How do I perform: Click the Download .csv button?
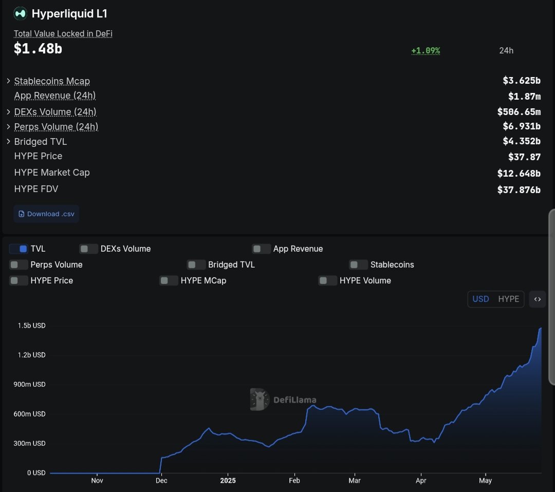(46, 214)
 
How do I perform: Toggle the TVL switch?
(18, 249)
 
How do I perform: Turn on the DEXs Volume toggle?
(88, 249)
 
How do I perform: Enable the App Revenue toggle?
(261, 249)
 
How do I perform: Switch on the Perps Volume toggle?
(18, 265)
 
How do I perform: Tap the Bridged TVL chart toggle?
(196, 265)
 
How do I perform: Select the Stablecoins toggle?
(358, 265)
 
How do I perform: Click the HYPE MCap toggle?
(169, 280)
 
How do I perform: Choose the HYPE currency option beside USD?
(508, 299)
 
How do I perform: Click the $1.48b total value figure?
(38, 49)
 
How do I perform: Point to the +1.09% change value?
(425, 51)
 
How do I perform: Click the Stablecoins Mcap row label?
(52, 81)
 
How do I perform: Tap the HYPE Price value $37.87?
(524, 157)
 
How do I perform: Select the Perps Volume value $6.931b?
(521, 126)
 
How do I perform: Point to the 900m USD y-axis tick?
(32, 384)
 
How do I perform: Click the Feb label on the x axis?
(294, 481)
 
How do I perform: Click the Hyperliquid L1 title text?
(69, 14)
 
